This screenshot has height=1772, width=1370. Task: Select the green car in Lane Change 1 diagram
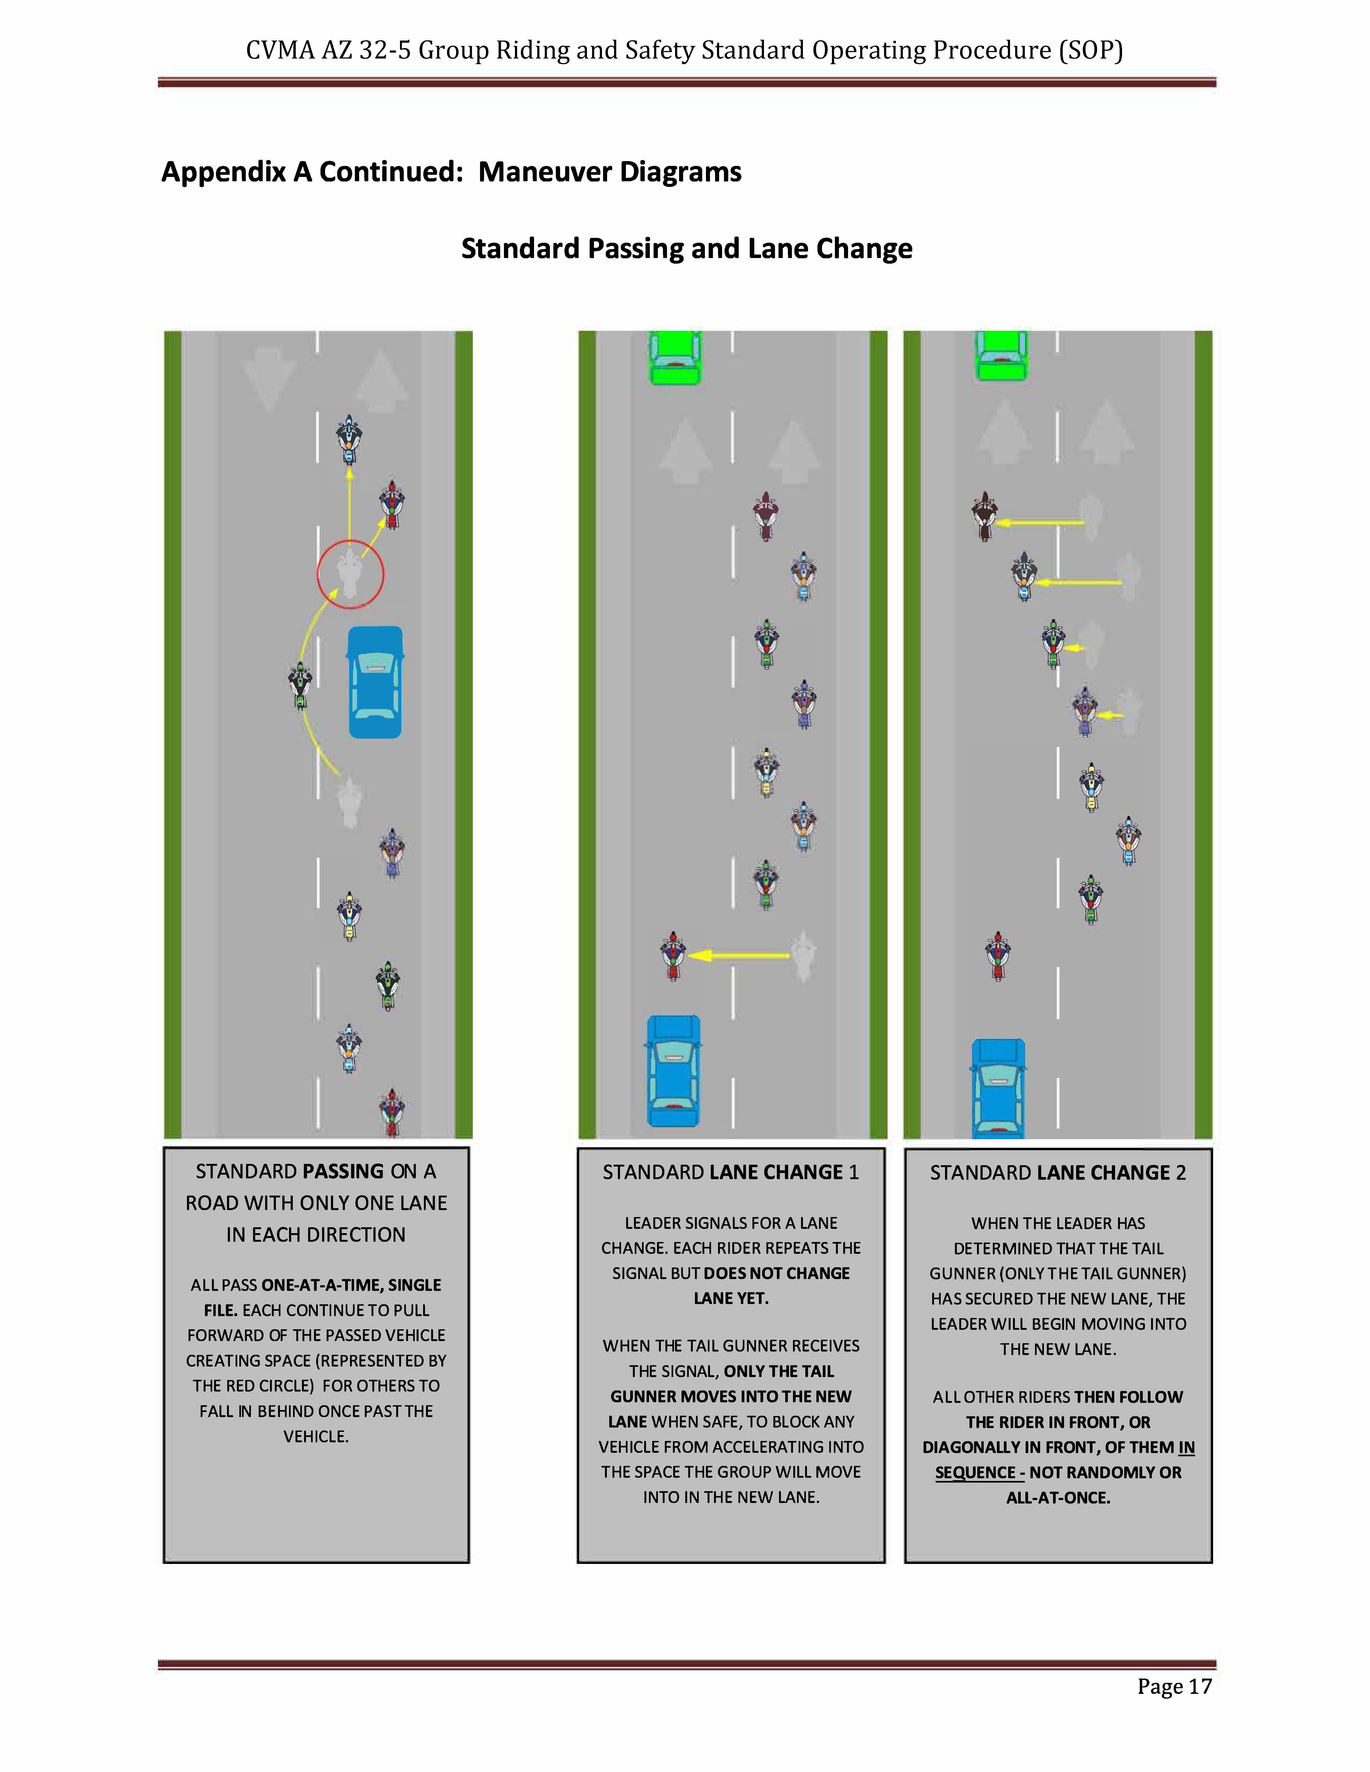coord(675,357)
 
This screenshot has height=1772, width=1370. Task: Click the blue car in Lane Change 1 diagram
coord(674,1071)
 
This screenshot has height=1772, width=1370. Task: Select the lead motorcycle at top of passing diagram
coord(349,440)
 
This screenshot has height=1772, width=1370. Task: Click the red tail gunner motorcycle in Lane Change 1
coord(673,956)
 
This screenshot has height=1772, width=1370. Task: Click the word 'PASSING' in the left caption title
coord(342,1172)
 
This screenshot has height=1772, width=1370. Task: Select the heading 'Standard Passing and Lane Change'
coord(687,248)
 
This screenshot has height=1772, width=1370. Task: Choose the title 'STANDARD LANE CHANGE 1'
coord(730,1172)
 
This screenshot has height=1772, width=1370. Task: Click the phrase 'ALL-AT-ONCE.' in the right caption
coord(1058,1498)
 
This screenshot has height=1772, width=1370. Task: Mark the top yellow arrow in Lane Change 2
coord(1040,523)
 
